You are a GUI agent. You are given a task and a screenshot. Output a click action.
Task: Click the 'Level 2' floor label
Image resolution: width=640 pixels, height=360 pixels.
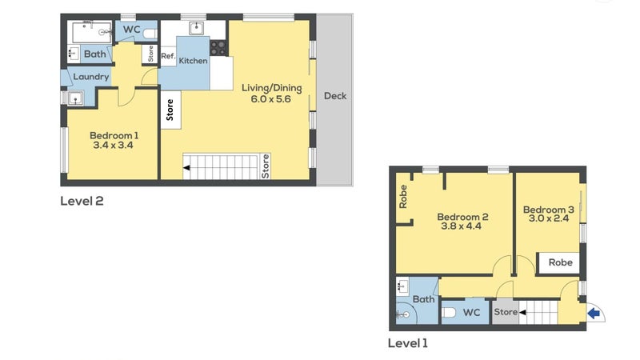click(x=82, y=201)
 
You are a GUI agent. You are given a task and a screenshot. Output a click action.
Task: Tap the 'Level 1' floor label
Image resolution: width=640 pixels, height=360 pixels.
click(x=408, y=343)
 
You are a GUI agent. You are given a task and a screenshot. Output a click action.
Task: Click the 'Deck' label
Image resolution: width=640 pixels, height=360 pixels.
click(x=335, y=96)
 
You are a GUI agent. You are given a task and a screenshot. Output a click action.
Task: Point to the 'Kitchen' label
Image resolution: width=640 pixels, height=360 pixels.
click(x=193, y=61)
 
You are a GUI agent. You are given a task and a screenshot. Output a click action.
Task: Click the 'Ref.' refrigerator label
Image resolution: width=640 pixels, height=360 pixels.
click(x=168, y=56)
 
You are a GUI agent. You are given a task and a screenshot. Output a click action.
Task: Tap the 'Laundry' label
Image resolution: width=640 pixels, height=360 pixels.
click(x=90, y=77)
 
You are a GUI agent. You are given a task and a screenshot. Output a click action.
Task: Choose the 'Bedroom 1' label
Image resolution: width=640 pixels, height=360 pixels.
click(x=111, y=135)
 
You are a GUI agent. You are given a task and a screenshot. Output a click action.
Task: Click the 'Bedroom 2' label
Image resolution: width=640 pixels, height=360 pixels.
click(x=462, y=217)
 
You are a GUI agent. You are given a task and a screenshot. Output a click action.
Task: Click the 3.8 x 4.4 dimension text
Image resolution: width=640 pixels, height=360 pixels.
click(x=462, y=227)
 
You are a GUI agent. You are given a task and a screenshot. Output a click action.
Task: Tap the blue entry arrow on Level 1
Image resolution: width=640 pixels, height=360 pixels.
click(x=593, y=314)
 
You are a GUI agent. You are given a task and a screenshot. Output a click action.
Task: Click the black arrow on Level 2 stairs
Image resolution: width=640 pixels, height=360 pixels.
click(x=187, y=168)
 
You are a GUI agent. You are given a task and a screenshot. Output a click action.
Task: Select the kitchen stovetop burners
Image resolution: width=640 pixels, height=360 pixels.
click(x=218, y=48)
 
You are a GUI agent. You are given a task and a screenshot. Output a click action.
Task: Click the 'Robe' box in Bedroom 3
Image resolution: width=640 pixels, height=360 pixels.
click(x=559, y=262)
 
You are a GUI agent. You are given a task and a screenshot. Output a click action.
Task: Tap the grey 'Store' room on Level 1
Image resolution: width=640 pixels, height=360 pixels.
click(x=506, y=312)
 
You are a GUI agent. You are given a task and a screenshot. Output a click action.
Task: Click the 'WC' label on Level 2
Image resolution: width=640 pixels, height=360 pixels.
click(x=132, y=30)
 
